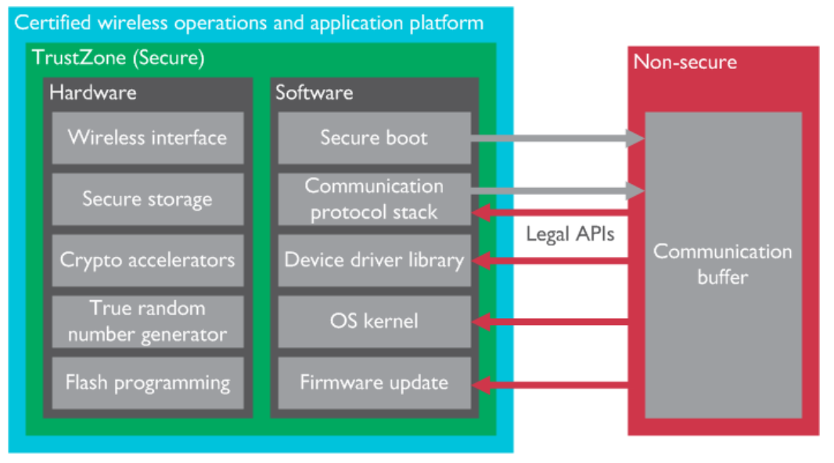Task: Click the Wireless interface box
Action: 147,138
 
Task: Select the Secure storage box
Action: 147,199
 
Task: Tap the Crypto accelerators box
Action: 147,260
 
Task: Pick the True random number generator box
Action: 147,321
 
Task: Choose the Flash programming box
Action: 147,382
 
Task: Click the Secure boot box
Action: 374,138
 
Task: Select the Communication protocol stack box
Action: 374,199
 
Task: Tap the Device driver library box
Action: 374,260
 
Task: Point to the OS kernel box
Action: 374,321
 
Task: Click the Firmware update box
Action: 374,382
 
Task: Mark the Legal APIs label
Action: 569,234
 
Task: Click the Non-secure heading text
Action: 685,62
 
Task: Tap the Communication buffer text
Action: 722,264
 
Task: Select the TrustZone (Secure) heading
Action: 117,57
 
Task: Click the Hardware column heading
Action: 92,92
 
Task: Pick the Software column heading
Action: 314,92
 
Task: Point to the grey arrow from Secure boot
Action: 555,139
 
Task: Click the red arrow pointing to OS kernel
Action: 555,320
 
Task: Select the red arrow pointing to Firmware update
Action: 555,384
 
